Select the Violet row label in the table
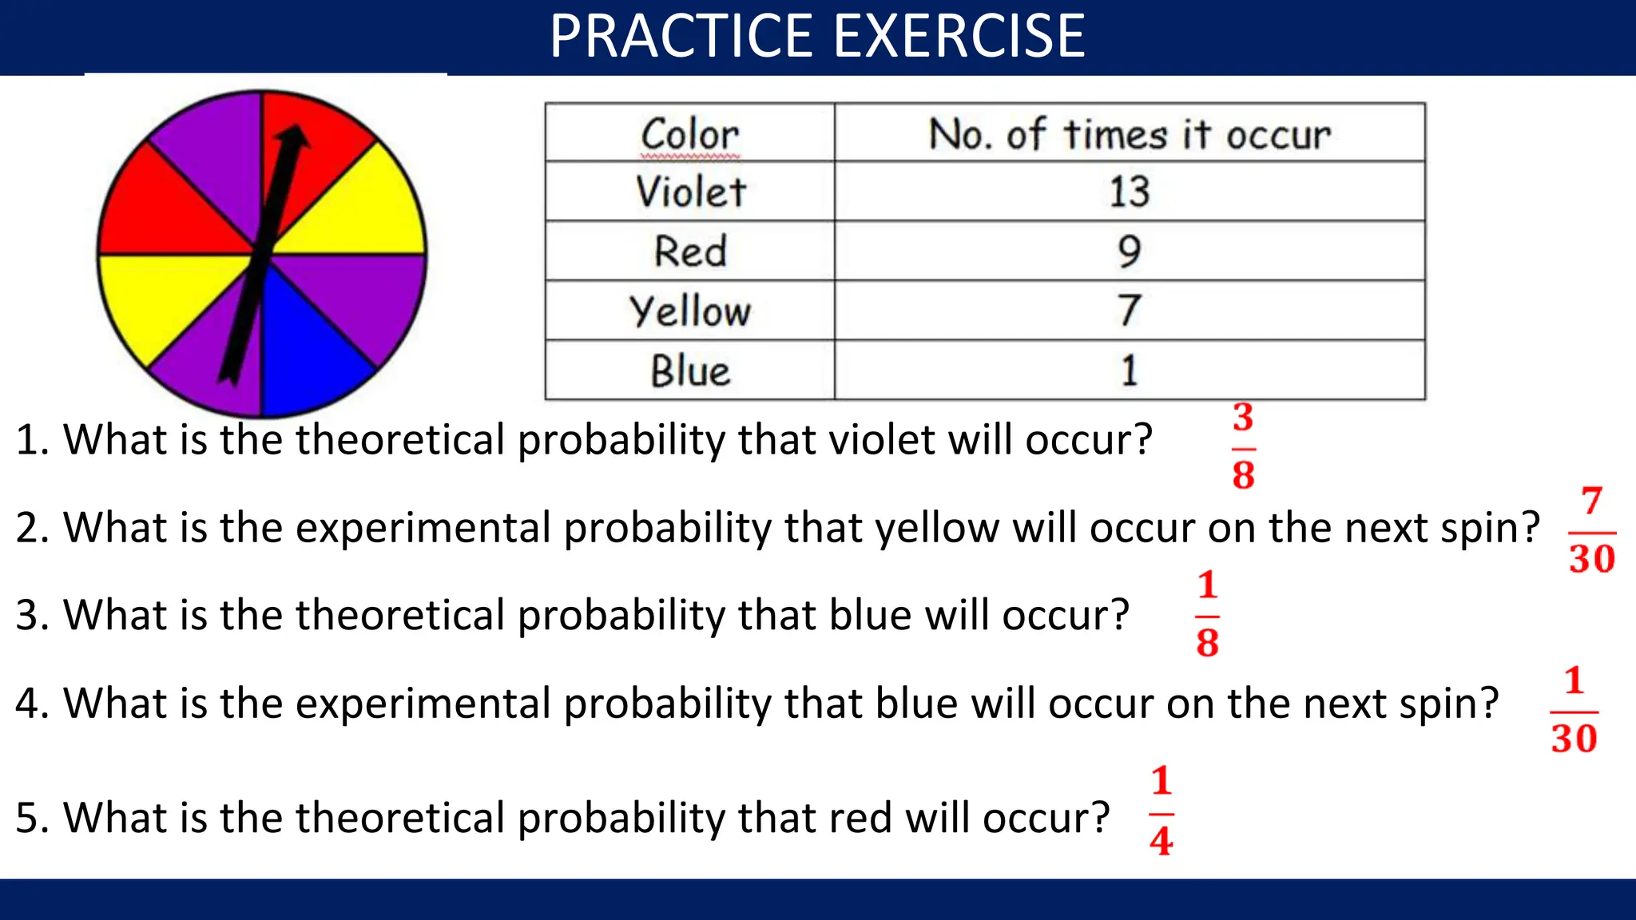coord(691,192)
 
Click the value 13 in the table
coord(1129,192)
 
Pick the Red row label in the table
coord(691,251)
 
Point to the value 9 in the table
coord(1129,251)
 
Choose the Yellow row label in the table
coord(691,311)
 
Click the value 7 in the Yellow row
coord(1129,311)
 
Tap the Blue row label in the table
coord(691,371)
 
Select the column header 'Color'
coord(691,133)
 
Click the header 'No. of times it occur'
coord(1129,133)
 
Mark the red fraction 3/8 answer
coord(1243,446)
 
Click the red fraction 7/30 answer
coord(1591,530)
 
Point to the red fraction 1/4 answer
coord(1161,811)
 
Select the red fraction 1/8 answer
coord(1207,614)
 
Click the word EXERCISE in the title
coord(959,37)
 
